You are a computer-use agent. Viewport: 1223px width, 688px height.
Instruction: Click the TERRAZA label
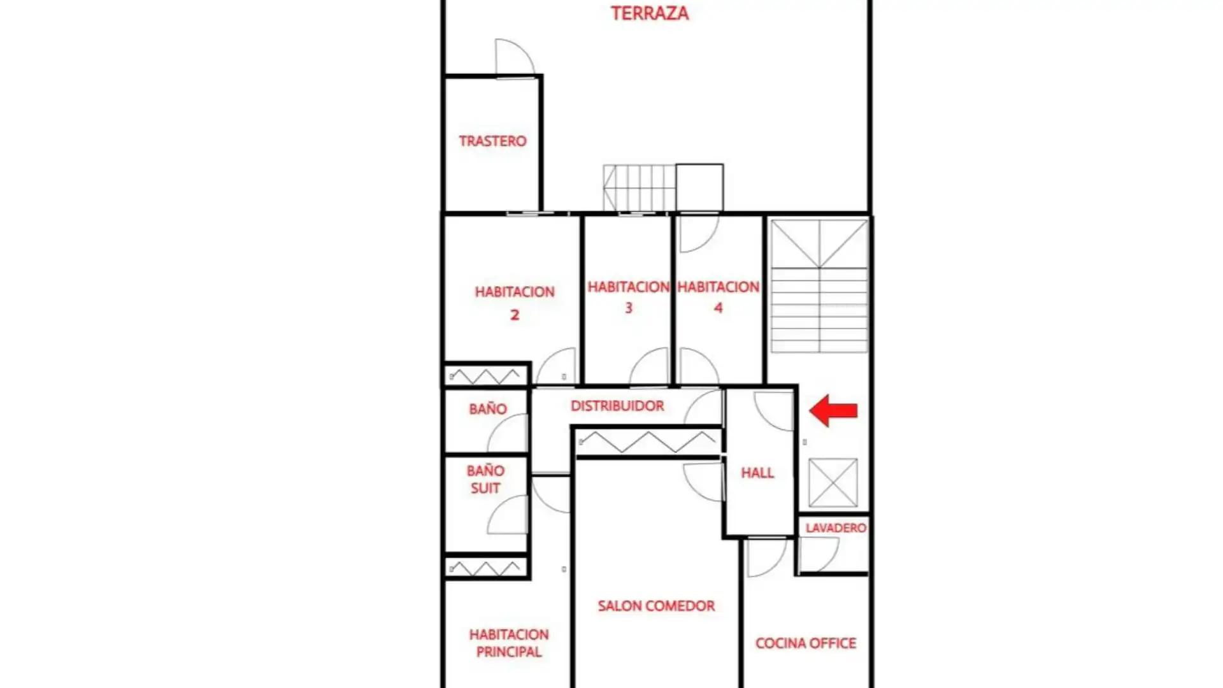click(650, 13)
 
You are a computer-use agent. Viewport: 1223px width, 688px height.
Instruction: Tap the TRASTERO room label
click(492, 141)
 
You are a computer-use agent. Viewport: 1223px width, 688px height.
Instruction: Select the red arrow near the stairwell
click(833, 410)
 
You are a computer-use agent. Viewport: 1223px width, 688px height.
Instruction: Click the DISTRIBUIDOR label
click(617, 406)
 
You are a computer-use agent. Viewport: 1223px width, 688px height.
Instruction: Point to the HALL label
click(757, 473)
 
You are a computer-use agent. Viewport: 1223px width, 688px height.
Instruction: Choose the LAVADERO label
click(836, 527)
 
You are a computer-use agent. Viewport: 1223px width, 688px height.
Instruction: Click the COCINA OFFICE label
click(806, 643)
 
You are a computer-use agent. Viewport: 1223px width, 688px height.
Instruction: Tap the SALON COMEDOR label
click(656, 606)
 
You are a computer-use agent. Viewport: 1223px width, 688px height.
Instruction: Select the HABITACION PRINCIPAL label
click(508, 643)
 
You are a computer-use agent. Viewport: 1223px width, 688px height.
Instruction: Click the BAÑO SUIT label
click(485, 479)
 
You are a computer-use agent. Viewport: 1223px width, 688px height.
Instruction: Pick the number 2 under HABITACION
click(515, 315)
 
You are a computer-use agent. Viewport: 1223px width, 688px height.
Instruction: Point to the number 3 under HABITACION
click(629, 308)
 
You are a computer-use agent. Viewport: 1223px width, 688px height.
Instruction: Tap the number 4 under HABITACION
click(719, 308)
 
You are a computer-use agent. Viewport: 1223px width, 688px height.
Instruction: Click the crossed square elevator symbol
click(833, 482)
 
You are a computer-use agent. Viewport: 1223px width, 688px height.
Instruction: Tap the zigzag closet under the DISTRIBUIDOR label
click(648, 442)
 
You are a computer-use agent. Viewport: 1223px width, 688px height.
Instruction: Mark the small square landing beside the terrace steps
click(699, 187)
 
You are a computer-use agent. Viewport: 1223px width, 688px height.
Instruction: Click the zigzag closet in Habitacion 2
click(486, 376)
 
